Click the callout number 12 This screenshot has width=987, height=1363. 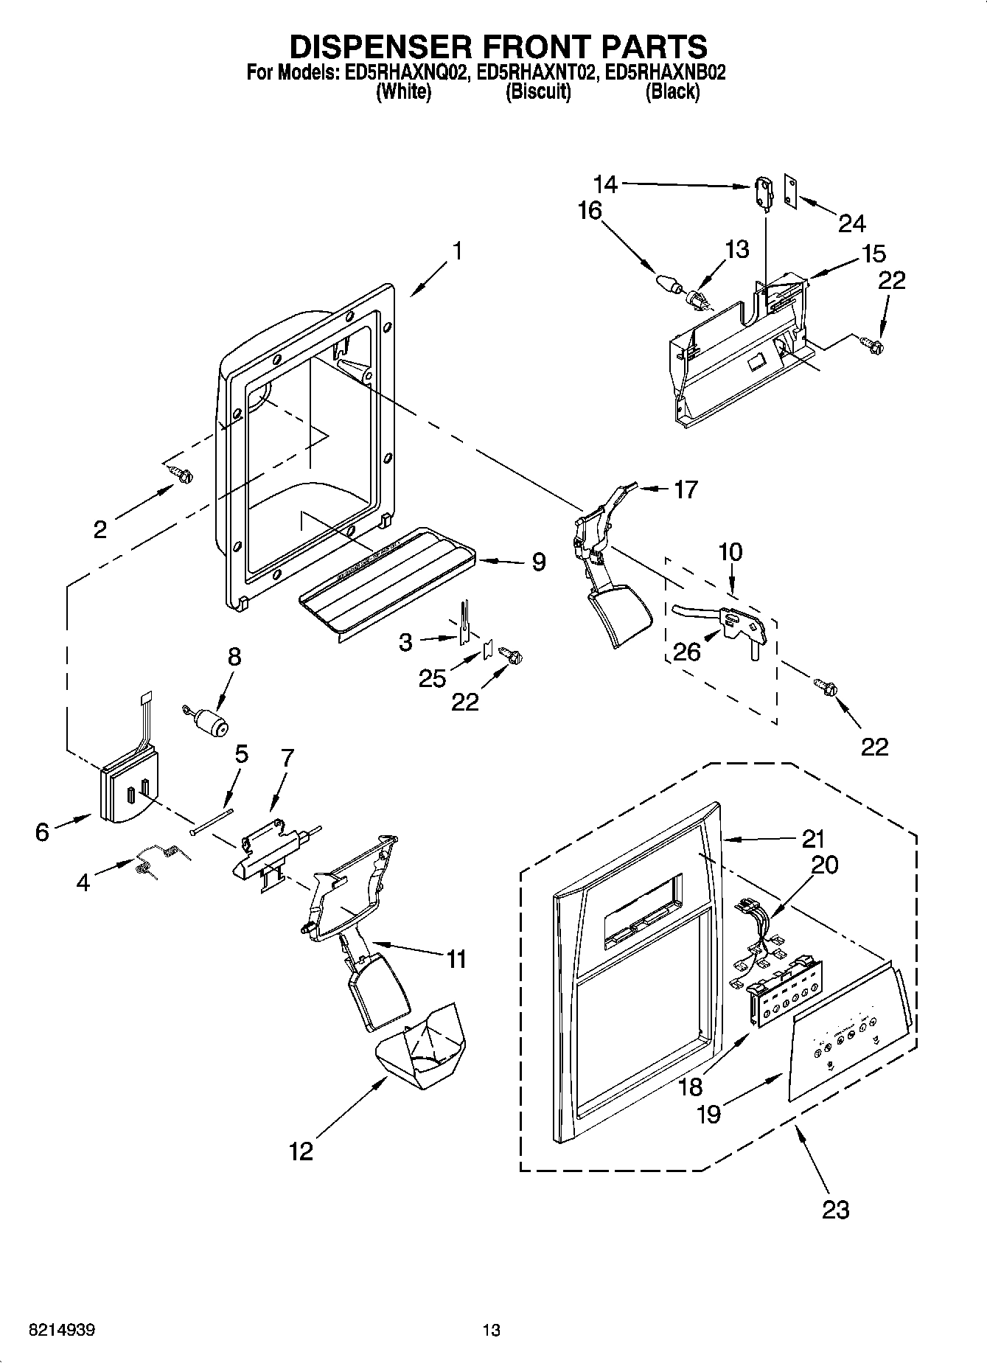click(301, 1151)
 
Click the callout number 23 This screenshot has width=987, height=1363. click(835, 1209)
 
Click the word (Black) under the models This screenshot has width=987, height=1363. click(672, 92)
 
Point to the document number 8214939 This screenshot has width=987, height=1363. click(61, 1331)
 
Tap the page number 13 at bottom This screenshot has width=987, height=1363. click(492, 1331)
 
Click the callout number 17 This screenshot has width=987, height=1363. click(686, 489)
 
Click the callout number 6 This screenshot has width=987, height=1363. click(42, 832)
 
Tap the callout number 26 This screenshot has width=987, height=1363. click(687, 652)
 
